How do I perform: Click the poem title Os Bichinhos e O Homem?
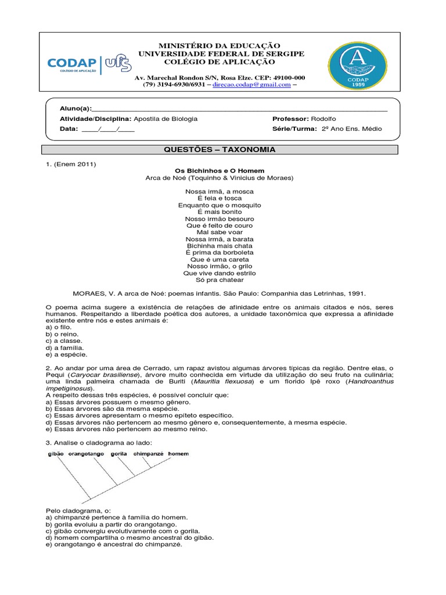point(220,171)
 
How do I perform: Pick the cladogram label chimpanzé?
point(149,453)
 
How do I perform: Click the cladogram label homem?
point(178,453)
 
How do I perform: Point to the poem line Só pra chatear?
point(220,280)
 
